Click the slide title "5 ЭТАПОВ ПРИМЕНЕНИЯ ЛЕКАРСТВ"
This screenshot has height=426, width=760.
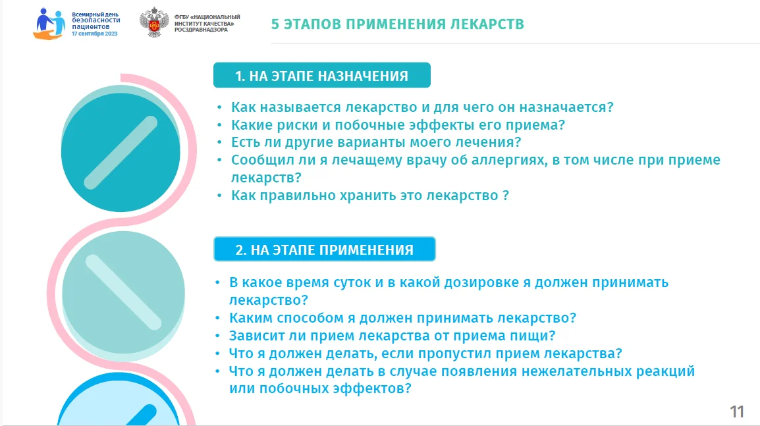(x=397, y=24)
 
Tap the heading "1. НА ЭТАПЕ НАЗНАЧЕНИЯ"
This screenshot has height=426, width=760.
(x=322, y=76)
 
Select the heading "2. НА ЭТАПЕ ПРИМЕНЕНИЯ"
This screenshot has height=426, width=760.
(x=324, y=250)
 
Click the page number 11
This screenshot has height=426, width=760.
(x=737, y=412)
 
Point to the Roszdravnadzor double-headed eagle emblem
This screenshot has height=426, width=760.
(x=154, y=22)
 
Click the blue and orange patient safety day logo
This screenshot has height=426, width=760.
(x=49, y=24)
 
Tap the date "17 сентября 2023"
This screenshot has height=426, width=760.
(x=95, y=34)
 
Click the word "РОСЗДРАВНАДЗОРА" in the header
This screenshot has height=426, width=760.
(x=201, y=30)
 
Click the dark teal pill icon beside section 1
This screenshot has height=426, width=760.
(x=121, y=152)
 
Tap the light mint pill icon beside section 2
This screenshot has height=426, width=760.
(x=123, y=293)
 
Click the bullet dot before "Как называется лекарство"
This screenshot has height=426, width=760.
(x=219, y=107)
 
